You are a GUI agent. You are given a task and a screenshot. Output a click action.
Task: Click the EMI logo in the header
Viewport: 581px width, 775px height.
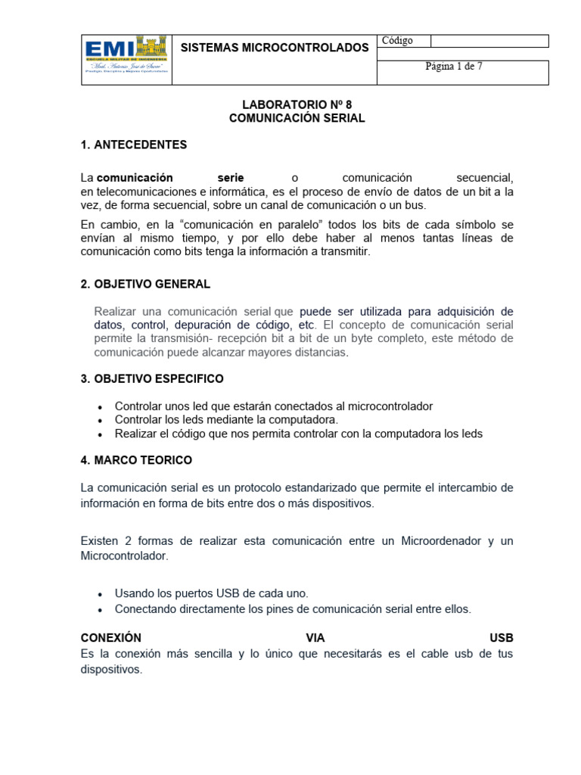(x=126, y=59)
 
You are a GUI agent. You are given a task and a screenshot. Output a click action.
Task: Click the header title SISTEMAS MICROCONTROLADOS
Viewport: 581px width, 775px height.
(x=274, y=48)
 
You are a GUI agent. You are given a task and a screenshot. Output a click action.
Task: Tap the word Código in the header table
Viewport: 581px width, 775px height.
(x=398, y=41)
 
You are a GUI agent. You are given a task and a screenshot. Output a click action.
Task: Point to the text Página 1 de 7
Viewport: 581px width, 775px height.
(x=454, y=67)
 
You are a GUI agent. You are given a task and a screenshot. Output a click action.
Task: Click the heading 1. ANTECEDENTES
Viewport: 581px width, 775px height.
(x=134, y=145)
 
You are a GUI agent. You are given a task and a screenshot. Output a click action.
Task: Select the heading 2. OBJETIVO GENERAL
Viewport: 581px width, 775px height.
(x=145, y=284)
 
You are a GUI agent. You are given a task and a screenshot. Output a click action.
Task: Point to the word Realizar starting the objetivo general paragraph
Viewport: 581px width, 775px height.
(x=117, y=311)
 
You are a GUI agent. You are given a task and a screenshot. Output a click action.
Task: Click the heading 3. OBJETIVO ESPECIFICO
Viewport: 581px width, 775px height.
(x=152, y=378)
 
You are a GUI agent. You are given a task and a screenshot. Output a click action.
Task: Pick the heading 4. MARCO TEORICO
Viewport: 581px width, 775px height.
(x=136, y=460)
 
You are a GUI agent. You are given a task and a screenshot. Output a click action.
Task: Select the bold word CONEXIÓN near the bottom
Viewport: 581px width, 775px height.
(x=110, y=638)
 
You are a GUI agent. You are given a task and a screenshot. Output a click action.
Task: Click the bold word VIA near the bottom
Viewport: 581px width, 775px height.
(x=315, y=638)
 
